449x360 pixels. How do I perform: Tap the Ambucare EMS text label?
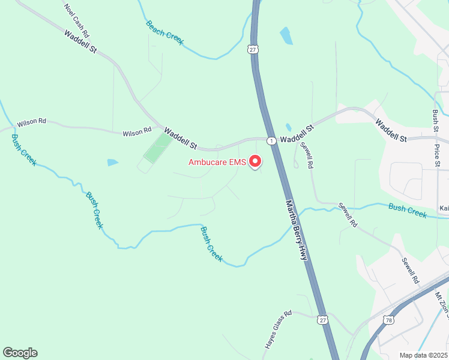(217, 162)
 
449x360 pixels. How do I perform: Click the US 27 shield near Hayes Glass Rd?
(323, 320)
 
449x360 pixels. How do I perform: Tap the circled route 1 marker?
(271, 140)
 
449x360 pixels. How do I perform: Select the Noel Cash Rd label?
(76, 21)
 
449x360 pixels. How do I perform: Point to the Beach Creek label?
(164, 32)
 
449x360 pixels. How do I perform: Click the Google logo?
(20, 353)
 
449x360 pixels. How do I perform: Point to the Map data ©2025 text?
(424, 355)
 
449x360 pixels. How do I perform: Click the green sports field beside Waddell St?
(157, 148)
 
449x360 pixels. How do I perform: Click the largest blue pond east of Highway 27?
(286, 35)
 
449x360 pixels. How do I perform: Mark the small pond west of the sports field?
(113, 163)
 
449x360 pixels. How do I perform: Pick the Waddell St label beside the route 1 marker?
(297, 133)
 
